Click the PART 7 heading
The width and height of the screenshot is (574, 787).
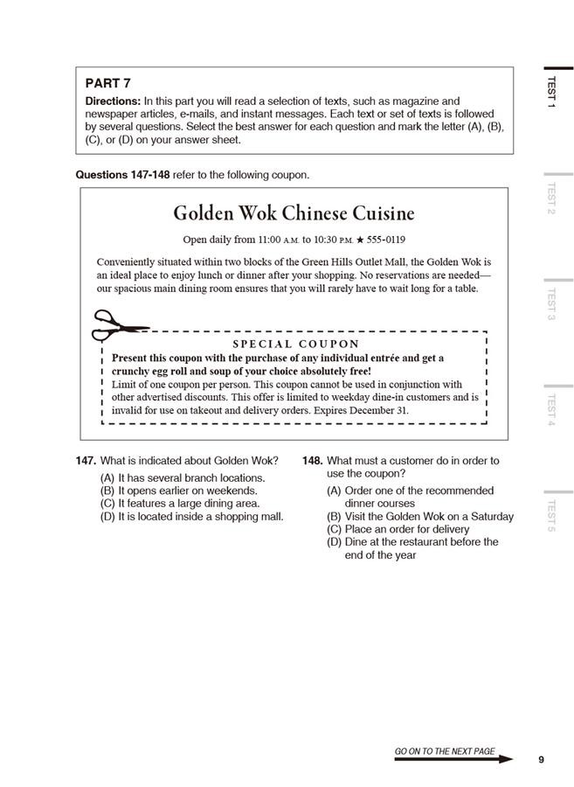click(107, 83)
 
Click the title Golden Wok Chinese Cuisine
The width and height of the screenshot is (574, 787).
click(294, 213)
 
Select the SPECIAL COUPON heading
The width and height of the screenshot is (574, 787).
click(295, 345)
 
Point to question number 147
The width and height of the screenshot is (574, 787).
click(86, 461)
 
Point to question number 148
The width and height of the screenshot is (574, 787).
click(312, 461)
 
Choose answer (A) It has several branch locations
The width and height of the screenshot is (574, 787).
click(183, 478)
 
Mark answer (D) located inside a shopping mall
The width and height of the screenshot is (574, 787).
click(191, 517)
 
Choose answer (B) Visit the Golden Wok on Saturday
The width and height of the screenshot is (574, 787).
click(420, 517)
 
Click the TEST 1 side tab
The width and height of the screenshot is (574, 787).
click(551, 92)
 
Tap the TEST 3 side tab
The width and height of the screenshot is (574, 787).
click(551, 303)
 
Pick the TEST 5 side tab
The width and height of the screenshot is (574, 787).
click(551, 516)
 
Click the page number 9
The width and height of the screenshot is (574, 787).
click(541, 759)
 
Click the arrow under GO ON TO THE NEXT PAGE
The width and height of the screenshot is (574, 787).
click(453, 760)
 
